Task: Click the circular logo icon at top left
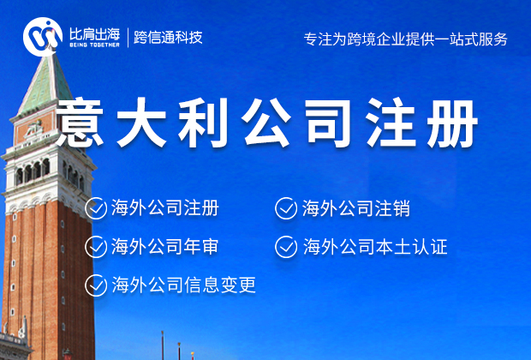point(43,35)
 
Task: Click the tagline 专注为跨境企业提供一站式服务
point(406,39)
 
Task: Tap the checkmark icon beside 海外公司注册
point(96,207)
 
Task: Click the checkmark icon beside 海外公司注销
point(286,207)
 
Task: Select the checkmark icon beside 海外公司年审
point(96,247)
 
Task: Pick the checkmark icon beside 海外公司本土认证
point(286,247)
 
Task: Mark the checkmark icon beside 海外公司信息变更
point(96,285)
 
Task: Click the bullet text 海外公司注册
point(164,207)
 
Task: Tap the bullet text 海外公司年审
point(164,247)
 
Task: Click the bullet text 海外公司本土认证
point(374,247)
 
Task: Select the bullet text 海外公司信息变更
point(183,285)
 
